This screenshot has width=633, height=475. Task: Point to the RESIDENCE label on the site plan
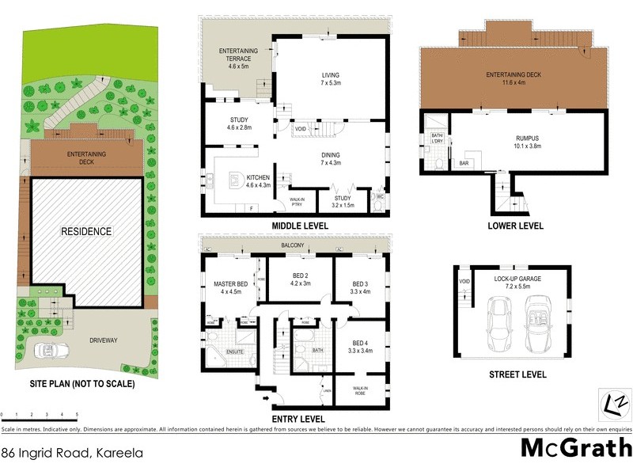(x=88, y=231)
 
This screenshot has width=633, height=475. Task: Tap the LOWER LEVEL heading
(x=515, y=226)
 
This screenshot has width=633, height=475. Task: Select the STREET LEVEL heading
(x=518, y=374)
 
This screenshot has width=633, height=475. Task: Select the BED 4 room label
(x=360, y=343)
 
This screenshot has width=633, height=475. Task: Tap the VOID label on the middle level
(x=300, y=128)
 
